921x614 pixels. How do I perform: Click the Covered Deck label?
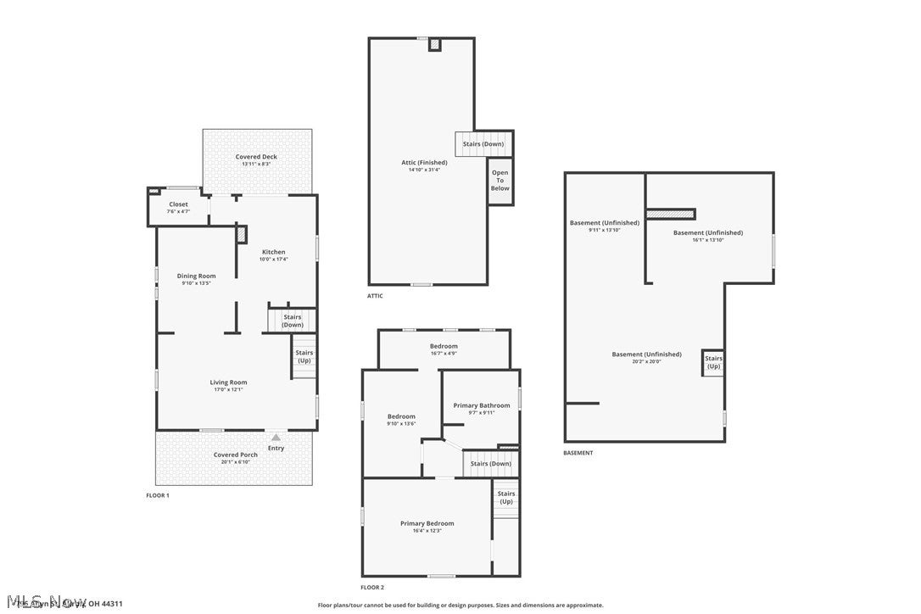pyautogui.click(x=256, y=157)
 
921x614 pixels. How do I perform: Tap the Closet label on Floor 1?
pyautogui.click(x=178, y=204)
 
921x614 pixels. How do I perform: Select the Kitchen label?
pyautogui.click(x=273, y=252)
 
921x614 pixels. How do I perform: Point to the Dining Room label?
pyautogui.click(x=196, y=276)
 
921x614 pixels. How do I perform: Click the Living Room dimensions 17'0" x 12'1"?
pyautogui.click(x=228, y=389)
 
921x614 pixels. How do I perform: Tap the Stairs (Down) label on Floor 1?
pyautogui.click(x=293, y=321)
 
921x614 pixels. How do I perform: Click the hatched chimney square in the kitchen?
pyautogui.click(x=242, y=234)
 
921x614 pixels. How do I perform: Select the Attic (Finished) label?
pyautogui.click(x=424, y=162)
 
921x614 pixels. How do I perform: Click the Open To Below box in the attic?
pyautogui.click(x=500, y=181)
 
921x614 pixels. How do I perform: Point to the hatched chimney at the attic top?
pyautogui.click(x=435, y=44)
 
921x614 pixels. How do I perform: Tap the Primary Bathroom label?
pyautogui.click(x=482, y=405)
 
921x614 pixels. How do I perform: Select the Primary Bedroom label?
pyautogui.click(x=427, y=523)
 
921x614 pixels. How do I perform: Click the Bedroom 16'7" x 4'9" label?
pyautogui.click(x=444, y=346)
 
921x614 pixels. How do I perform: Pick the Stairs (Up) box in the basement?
pyautogui.click(x=713, y=362)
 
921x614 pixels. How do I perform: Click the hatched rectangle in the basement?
pyautogui.click(x=671, y=214)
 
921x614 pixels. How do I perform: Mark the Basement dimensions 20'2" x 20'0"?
pyautogui.click(x=646, y=361)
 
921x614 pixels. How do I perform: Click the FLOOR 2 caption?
pyautogui.click(x=372, y=587)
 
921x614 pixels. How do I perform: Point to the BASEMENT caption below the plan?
pyautogui.click(x=578, y=453)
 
